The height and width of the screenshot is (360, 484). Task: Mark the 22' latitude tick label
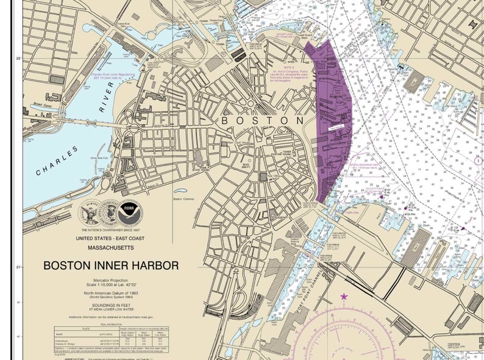(18, 58)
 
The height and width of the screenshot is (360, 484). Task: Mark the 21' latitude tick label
(18, 267)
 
